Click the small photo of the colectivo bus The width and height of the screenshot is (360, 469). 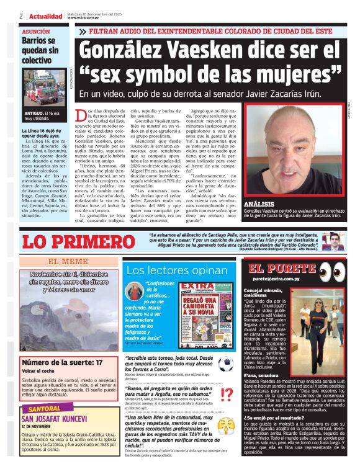45,89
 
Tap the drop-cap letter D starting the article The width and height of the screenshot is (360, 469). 79,115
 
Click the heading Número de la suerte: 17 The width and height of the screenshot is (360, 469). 63,362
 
